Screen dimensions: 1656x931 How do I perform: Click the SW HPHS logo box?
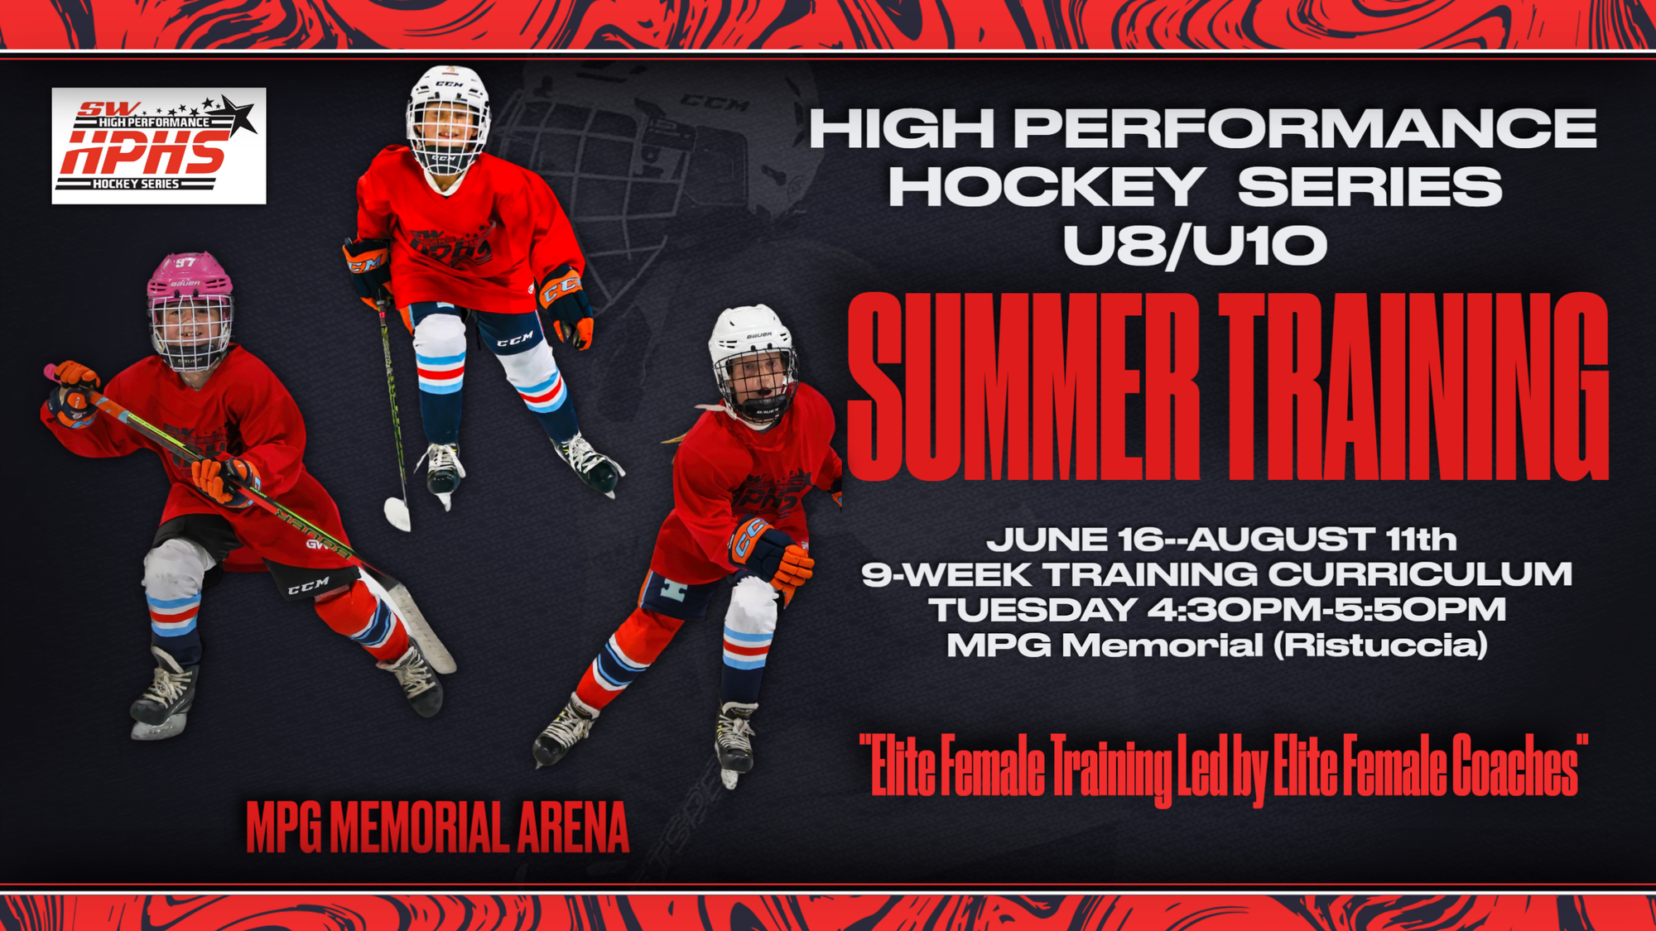pyautogui.click(x=159, y=146)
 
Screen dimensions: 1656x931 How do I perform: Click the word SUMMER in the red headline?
pyautogui.click(x=1023, y=386)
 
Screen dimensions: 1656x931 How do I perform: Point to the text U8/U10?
pyautogui.click(x=1195, y=246)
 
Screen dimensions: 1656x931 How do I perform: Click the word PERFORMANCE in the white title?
pyautogui.click(x=1305, y=128)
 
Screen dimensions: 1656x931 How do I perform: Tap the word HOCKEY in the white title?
pyautogui.click(x=1047, y=186)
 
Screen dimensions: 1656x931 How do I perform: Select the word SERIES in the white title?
pyautogui.click(x=1370, y=186)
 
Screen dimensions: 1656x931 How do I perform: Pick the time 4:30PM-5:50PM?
pyautogui.click(x=1326, y=610)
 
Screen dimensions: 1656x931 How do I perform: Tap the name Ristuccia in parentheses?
pyautogui.click(x=1381, y=645)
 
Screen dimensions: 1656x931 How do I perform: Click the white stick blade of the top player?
pyautogui.click(x=397, y=513)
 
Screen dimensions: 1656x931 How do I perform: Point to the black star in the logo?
pyautogui.click(x=239, y=115)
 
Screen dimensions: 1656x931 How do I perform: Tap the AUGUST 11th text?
pyautogui.click(x=1322, y=540)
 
